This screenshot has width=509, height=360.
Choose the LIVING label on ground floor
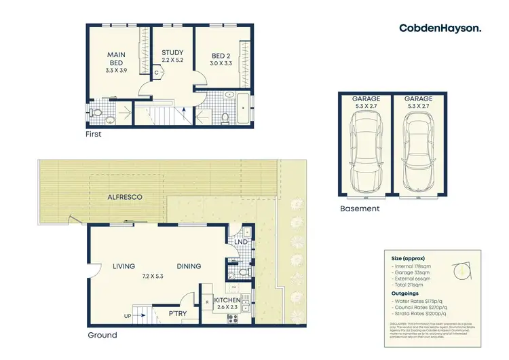(124, 266)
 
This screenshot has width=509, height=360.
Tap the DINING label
(189, 266)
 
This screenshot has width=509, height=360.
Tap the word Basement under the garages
(359, 209)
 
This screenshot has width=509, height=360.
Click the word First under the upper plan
(93, 134)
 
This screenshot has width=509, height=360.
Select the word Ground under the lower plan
(102, 336)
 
